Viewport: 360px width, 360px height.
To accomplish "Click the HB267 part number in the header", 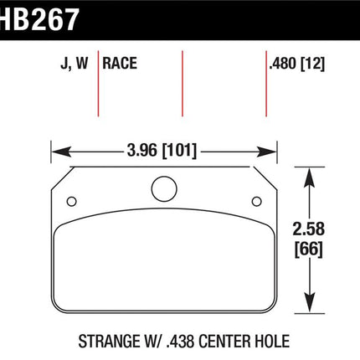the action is click(39, 19).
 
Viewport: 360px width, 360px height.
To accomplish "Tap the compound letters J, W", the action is click(75, 64).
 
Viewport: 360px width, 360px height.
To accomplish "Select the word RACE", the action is click(120, 63).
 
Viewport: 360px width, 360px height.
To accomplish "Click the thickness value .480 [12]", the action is click(297, 64).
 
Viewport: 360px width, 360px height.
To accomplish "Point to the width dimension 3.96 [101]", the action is click(162, 151).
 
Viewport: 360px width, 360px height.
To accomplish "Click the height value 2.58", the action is click(309, 229).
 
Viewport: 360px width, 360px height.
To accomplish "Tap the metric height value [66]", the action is click(309, 249).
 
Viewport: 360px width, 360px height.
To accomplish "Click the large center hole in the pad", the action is click(164, 189).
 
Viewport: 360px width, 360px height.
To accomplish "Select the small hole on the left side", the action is click(72, 202).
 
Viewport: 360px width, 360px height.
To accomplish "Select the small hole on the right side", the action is click(257, 202).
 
